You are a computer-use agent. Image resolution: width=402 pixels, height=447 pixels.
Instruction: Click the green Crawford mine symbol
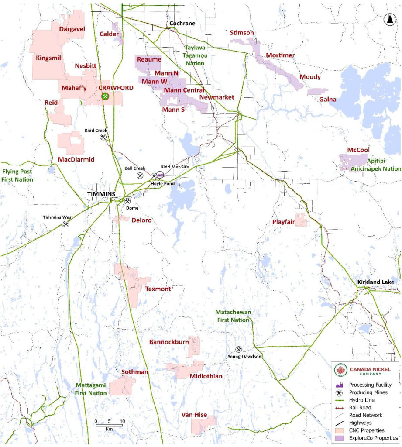[105, 96]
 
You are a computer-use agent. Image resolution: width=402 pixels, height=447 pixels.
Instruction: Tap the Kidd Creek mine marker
[103, 137]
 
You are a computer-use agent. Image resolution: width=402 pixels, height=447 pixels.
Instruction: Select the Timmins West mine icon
[66, 224]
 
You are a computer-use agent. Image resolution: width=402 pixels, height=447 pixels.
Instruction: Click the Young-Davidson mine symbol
[239, 350]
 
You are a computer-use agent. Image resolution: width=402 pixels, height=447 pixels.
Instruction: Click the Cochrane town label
[182, 24]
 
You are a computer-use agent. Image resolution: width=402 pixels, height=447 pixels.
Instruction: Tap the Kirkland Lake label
[375, 282]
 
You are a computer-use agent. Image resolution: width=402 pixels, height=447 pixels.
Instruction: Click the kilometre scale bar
[109, 424]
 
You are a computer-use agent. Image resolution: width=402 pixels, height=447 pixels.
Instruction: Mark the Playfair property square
[300, 220]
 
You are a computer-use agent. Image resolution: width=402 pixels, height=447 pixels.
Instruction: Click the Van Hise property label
[194, 415]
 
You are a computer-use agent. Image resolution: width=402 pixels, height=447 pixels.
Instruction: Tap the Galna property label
[328, 100]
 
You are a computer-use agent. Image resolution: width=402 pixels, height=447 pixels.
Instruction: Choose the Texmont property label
[158, 289]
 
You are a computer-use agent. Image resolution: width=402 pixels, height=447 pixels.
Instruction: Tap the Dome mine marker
[127, 202]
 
